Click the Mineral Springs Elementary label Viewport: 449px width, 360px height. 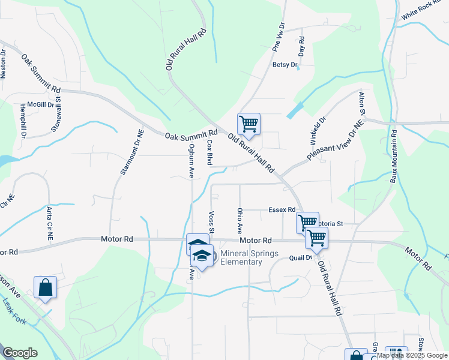point(249,257)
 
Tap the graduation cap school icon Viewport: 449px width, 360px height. point(202,256)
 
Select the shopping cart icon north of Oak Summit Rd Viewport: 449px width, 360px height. point(249,125)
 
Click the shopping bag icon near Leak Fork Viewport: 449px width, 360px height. point(46,287)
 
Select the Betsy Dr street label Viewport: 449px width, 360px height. point(285,65)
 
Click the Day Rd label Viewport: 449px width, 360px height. point(301,47)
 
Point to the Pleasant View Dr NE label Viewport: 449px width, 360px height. point(336,140)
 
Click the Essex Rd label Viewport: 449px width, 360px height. point(282,210)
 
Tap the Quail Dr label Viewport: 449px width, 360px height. point(301,258)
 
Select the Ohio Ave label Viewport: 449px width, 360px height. point(240,220)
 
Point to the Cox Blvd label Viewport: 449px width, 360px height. point(209,152)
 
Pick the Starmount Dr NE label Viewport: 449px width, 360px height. point(124,152)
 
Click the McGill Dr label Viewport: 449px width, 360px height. point(44,103)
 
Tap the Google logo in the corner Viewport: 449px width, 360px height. point(20,353)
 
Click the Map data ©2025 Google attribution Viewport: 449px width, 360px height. point(412,355)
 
